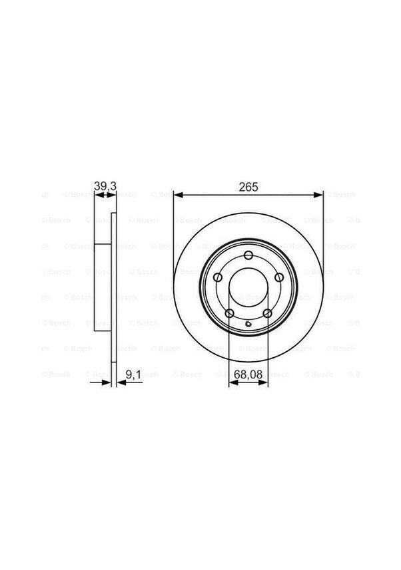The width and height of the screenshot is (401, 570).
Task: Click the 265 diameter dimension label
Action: coord(248,188)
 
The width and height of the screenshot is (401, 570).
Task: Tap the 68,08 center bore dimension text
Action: coord(248,375)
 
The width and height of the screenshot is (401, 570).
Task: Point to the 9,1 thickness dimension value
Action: coord(133,375)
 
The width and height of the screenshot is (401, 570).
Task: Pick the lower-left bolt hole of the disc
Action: coord(229,313)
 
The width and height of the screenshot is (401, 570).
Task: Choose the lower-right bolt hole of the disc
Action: coord(266,313)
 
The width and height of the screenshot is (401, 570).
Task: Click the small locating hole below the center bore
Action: coord(248,324)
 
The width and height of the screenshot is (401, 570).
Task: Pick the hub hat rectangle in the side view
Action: coord(102,287)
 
